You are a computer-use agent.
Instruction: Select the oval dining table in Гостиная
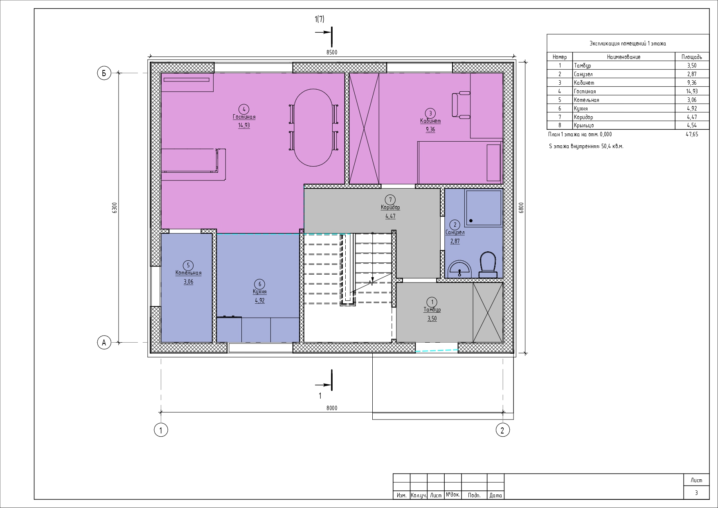pos(313,127)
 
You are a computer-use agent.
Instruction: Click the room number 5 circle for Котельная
pos(188,265)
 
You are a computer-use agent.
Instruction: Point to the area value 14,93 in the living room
pos(244,125)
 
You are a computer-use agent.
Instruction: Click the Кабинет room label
pos(430,121)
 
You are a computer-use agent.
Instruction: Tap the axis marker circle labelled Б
pos(104,73)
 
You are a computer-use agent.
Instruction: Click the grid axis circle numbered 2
pos(502,430)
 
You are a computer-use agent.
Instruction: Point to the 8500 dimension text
pos(332,52)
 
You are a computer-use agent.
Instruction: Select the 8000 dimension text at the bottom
pos(332,408)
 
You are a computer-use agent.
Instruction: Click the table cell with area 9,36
pos(692,83)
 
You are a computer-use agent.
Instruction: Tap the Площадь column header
pos(692,57)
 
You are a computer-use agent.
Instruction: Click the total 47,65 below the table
pos(692,134)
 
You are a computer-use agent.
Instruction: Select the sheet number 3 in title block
pos(696,493)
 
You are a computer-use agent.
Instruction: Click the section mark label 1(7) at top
pos(320,19)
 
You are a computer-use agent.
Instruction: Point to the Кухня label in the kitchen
pos(260,292)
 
